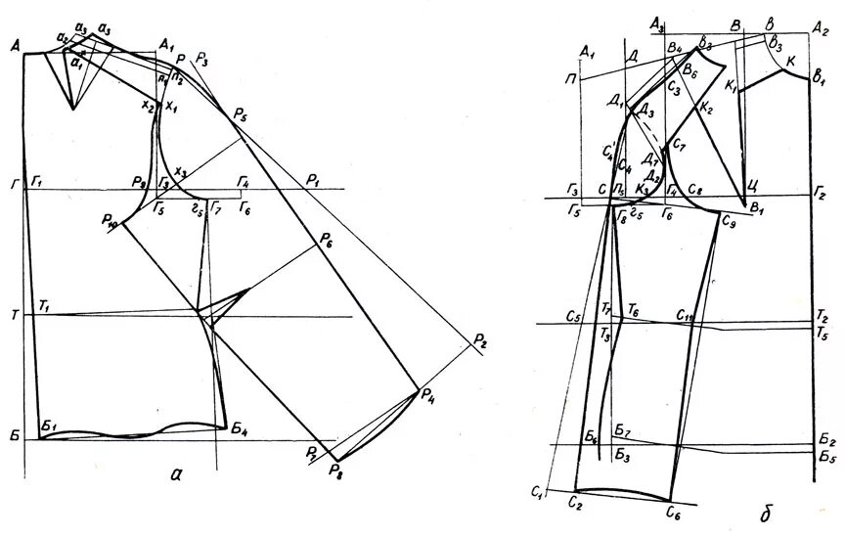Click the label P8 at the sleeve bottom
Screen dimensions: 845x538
[336, 471]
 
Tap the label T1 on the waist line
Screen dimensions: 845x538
[43, 307]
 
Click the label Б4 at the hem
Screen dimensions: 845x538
[241, 429]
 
